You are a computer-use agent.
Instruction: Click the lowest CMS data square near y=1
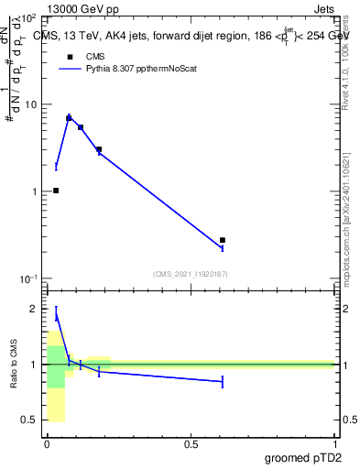pos(56,191)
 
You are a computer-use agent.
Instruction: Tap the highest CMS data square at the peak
pos(69,118)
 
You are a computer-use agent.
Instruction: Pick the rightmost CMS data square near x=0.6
pos(223,240)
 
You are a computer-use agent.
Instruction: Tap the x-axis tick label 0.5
pos(191,444)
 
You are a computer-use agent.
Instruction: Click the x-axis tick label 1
pos(334,444)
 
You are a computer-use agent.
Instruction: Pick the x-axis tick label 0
pos(47,444)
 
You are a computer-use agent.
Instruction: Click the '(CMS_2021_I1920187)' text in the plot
pos(190,273)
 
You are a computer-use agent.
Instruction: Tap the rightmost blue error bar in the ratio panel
pos(223,381)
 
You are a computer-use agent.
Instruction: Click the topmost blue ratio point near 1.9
pos(56,316)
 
